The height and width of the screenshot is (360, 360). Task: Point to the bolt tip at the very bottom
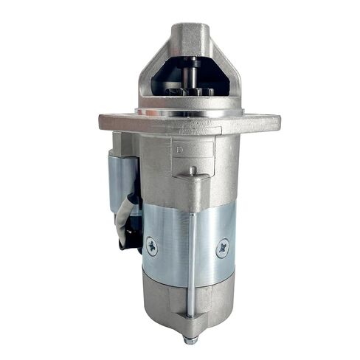tap(190, 341)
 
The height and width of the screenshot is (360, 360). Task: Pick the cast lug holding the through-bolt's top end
tap(190, 177)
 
